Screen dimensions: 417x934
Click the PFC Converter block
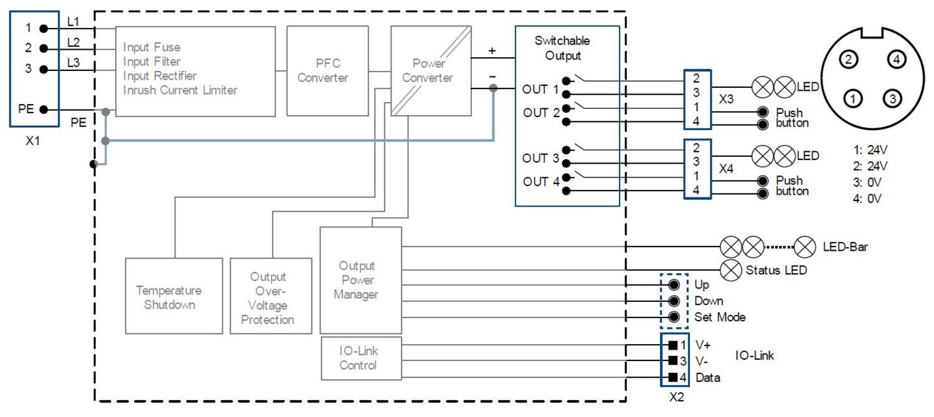point(323,71)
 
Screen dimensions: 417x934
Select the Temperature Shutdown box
point(174,296)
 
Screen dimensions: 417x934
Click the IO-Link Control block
point(359,358)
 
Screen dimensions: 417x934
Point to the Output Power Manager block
point(360,280)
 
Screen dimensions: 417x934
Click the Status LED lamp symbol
point(730,270)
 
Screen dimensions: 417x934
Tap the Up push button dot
point(673,285)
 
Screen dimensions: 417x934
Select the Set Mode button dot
point(673,317)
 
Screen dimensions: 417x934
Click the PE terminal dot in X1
point(43,110)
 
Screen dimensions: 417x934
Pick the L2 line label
point(73,42)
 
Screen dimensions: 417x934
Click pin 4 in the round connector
point(895,60)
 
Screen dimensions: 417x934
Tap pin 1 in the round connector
point(853,98)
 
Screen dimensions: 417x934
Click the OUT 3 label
point(540,158)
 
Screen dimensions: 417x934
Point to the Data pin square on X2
point(672,377)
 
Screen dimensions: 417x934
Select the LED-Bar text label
point(845,247)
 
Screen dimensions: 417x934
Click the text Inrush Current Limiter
point(180,90)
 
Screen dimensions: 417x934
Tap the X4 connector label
point(726,169)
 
